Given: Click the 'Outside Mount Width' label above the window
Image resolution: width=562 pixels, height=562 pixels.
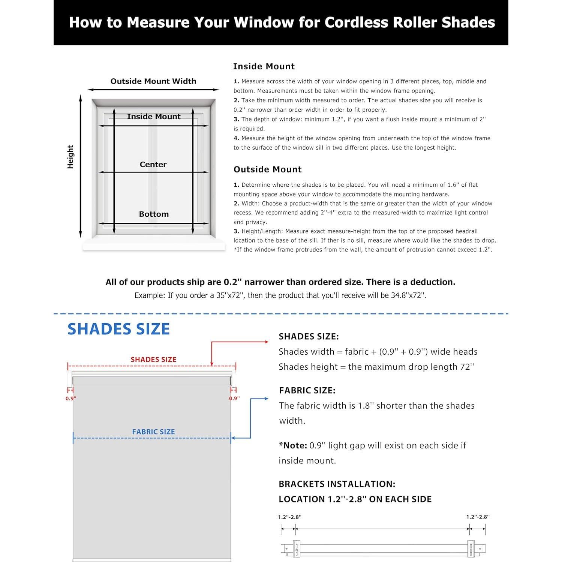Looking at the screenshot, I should click(153, 81).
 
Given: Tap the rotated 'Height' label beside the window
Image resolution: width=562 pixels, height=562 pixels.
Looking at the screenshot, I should click(70, 157).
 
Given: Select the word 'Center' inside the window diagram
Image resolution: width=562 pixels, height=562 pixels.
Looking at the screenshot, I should click(153, 165).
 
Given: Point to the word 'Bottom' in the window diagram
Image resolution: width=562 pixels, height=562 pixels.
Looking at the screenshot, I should click(154, 214).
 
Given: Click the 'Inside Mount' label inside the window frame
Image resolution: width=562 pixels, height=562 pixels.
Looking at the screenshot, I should click(154, 117).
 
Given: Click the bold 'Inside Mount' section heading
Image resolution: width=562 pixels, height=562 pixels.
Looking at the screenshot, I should click(264, 66).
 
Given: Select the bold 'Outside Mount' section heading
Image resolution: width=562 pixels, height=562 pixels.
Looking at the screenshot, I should click(267, 169).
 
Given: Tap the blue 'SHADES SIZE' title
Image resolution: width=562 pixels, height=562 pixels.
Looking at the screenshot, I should click(118, 329).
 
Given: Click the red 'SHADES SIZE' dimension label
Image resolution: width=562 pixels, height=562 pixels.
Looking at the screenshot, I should click(153, 360).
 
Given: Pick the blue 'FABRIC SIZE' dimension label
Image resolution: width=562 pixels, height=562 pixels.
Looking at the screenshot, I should click(153, 432).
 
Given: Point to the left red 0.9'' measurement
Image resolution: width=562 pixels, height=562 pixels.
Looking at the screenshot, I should click(71, 399).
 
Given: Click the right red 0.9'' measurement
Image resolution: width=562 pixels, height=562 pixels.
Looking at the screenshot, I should click(234, 399).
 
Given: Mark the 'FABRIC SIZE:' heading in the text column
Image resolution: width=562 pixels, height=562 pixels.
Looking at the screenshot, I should click(307, 391).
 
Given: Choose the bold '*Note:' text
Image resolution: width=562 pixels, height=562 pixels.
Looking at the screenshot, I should click(293, 446).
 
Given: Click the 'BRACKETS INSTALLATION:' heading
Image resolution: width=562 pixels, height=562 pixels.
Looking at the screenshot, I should click(337, 484).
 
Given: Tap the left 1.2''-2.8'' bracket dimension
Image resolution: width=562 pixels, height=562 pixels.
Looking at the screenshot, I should click(289, 517).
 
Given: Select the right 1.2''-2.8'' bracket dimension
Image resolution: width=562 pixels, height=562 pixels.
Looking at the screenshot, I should click(478, 517).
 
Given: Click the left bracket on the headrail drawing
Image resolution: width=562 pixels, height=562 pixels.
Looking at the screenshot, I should click(296, 548).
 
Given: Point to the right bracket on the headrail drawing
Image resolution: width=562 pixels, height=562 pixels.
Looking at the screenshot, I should click(471, 548).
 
